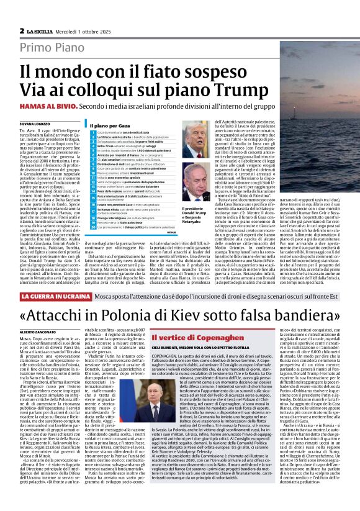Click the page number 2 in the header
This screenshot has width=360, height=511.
click(x=21, y=30)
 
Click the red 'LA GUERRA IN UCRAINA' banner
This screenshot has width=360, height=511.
click(x=61, y=297)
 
